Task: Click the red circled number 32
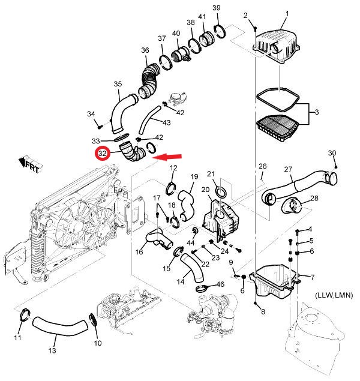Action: [x=103, y=154]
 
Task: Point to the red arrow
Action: [x=167, y=157]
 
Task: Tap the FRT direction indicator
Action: [x=31, y=165]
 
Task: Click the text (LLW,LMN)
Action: [x=334, y=295]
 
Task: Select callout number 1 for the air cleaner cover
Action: [x=287, y=14]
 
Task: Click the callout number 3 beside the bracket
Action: [x=317, y=112]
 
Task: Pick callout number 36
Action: [x=145, y=50]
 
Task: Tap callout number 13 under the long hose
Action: [x=52, y=350]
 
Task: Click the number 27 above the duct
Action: [x=288, y=169]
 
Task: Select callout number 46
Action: [x=220, y=284]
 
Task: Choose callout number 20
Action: [x=205, y=190]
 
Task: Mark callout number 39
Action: [x=217, y=8]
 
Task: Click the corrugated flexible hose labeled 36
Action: [x=149, y=80]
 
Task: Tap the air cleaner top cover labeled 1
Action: [x=277, y=46]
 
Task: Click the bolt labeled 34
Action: [x=100, y=127]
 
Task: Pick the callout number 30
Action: [x=332, y=153]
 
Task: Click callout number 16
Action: [x=139, y=251]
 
